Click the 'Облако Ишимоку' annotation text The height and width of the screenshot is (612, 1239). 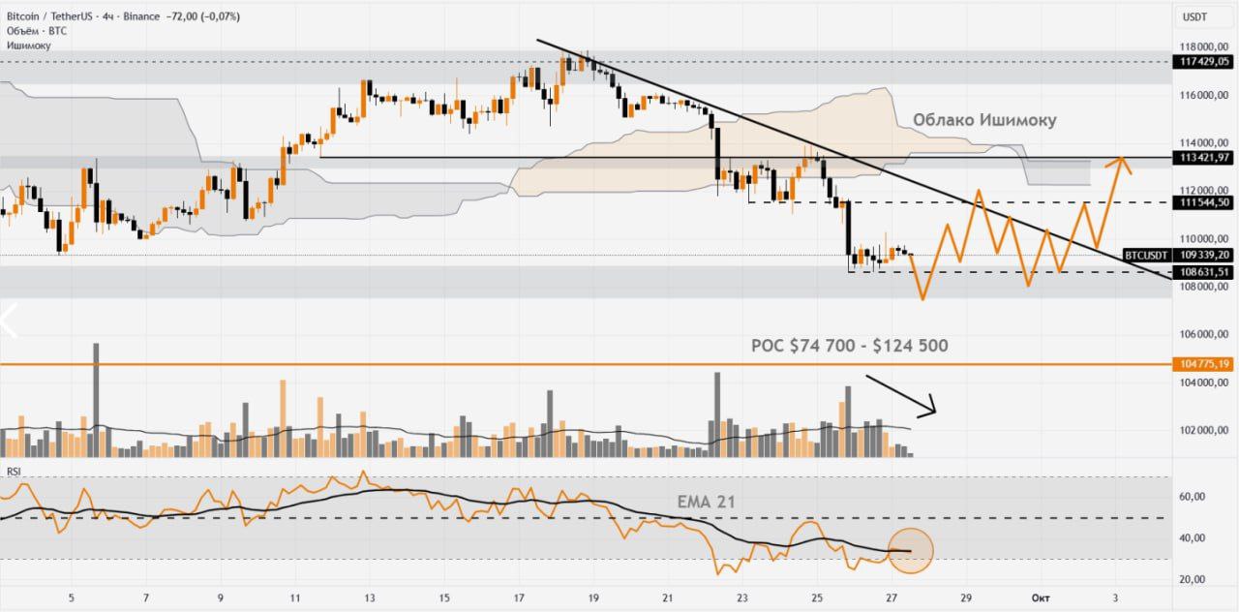(x=984, y=120)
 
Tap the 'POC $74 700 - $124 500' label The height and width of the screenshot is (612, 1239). (x=850, y=346)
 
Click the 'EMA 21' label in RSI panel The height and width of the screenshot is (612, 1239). (x=707, y=502)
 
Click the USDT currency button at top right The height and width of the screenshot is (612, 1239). (x=1194, y=16)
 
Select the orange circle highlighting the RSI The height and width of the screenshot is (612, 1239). (x=910, y=550)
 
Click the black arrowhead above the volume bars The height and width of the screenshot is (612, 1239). (x=929, y=407)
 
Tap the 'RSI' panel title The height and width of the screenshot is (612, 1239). (x=15, y=472)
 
